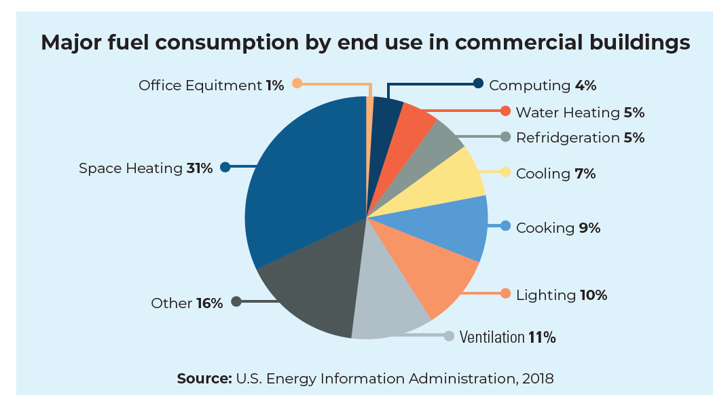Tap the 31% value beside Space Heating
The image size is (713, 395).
tap(200, 168)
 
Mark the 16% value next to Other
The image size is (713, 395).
tap(210, 303)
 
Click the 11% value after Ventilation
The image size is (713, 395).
tap(543, 337)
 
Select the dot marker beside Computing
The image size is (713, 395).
tap(478, 83)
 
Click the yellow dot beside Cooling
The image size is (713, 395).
tap(505, 172)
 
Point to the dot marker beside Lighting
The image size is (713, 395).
tap(505, 293)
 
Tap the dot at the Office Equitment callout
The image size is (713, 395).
tap(297, 83)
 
